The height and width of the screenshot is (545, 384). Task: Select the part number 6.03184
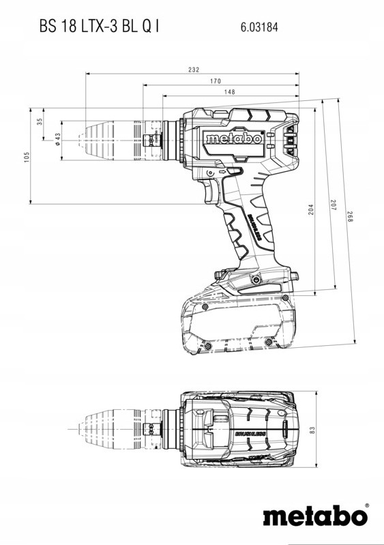click(x=259, y=28)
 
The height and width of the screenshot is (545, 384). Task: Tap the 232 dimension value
click(x=194, y=70)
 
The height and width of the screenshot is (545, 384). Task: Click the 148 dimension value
click(x=229, y=91)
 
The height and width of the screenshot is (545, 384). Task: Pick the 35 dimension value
click(x=40, y=121)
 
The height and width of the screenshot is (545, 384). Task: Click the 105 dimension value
click(x=26, y=157)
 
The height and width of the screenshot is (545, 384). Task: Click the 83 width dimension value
click(x=312, y=430)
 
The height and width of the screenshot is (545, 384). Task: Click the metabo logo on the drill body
click(x=234, y=138)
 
